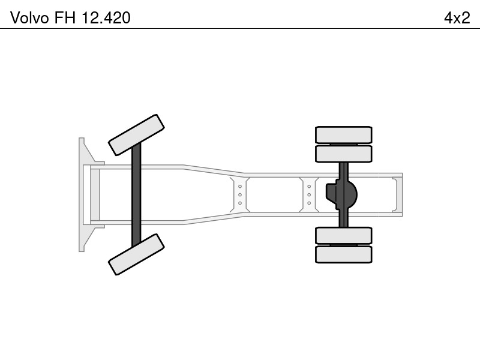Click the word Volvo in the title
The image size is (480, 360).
coord(29,18)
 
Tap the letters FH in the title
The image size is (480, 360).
coord(65,18)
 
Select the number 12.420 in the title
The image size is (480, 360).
coord(106,18)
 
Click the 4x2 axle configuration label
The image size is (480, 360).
coord(457,18)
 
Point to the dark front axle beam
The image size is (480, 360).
coord(136,194)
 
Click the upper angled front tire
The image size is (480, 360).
coord(137,135)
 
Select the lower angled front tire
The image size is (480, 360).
coord(137,254)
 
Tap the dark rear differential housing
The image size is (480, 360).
coord(341,194)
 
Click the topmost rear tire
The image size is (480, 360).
coord(343,134)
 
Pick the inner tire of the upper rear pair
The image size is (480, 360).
coord(343,154)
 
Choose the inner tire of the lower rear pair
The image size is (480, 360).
coord(343,236)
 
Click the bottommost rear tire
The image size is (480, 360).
coord(343,254)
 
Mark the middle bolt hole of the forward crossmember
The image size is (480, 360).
coord(240,194)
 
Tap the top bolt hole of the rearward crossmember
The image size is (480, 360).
coord(309,187)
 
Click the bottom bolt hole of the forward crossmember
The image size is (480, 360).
coord(240,203)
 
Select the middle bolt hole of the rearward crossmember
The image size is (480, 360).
coord(309,194)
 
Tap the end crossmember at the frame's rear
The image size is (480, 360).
coord(395,194)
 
